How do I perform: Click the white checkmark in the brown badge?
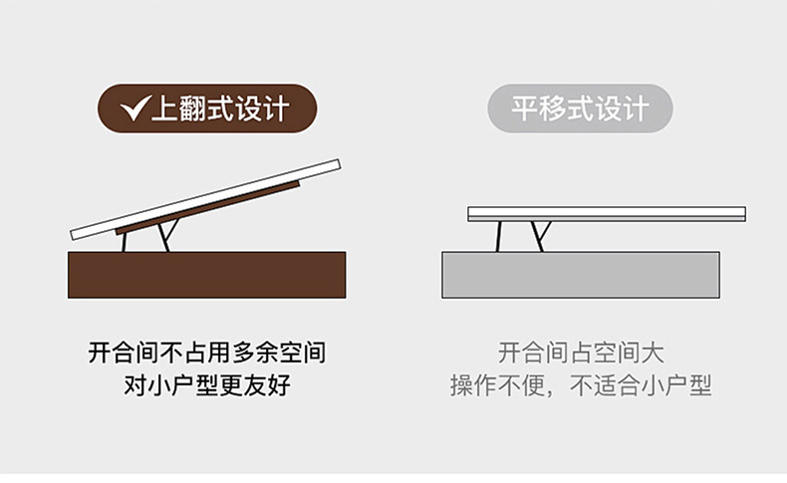(134, 109)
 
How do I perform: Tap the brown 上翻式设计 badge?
(207, 109)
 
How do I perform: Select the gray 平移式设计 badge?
(580, 109)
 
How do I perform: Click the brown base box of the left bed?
(207, 275)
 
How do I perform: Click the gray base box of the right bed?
(581, 275)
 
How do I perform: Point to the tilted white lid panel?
(206, 199)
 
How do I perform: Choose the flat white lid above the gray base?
(607, 214)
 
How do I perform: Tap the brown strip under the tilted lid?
(207, 208)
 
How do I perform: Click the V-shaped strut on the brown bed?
(168, 236)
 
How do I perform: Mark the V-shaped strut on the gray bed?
(541, 237)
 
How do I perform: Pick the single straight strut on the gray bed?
(498, 236)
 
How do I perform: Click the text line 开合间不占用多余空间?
(207, 353)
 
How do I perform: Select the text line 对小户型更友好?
(207, 385)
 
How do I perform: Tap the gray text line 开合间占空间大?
(581, 353)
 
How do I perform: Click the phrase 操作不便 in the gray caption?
(497, 385)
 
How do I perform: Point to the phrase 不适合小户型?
(641, 385)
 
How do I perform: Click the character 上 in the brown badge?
(164, 109)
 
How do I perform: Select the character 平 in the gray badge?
(524, 109)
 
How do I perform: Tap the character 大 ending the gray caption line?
(653, 353)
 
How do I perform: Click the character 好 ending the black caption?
(279, 385)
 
